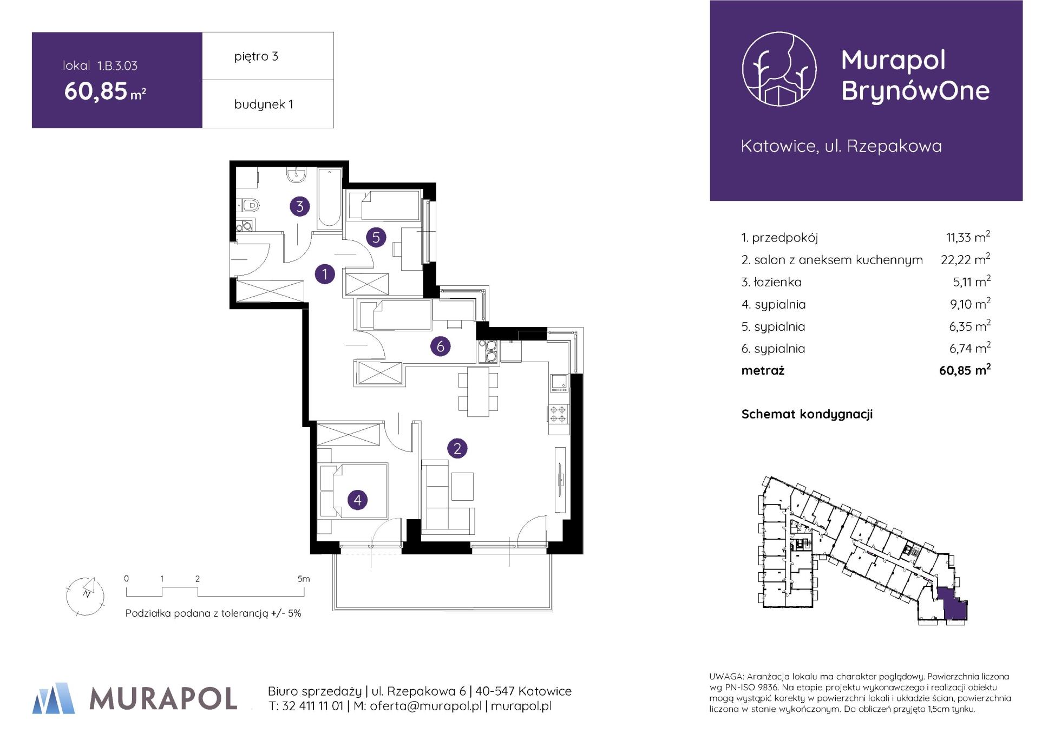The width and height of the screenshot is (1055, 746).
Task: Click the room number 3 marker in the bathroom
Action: pos(299,206)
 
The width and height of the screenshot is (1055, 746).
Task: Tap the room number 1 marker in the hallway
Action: pos(325,274)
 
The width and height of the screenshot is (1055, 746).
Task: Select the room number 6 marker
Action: pos(440,346)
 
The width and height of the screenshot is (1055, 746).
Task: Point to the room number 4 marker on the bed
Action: pos(357,500)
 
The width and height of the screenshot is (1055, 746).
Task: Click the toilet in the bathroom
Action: pos(249,206)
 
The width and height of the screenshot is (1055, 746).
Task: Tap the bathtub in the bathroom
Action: pos(329,199)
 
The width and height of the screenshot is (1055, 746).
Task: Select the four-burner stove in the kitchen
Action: pos(559,414)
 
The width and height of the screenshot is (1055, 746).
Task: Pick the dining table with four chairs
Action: pos(478,392)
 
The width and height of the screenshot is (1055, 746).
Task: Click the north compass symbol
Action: pos(85,595)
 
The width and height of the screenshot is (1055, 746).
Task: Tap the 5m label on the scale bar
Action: pos(304,579)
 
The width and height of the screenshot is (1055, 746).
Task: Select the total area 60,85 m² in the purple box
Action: pos(105,91)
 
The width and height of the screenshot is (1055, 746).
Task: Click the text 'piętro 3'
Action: pos(256,56)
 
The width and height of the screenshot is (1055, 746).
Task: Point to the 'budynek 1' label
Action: pos(264,104)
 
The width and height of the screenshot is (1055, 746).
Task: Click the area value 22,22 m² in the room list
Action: pos(966,259)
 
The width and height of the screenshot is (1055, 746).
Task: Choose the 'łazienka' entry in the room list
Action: pos(771,282)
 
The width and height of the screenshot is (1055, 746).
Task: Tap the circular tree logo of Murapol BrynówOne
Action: pos(779,68)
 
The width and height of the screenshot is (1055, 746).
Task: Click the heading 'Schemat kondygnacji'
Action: pos(807,414)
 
